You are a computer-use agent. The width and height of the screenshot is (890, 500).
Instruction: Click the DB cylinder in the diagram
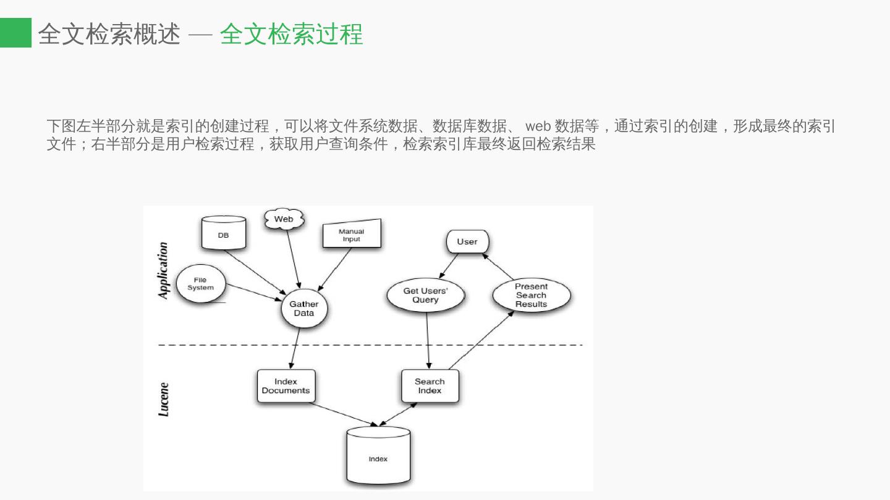[x=224, y=233]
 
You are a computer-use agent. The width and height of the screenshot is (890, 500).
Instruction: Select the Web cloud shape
[x=284, y=219]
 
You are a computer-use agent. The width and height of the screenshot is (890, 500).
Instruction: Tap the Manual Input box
[x=352, y=235]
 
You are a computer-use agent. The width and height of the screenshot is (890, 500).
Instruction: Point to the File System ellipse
[x=200, y=284]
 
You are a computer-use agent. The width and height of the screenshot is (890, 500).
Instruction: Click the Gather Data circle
[x=304, y=308]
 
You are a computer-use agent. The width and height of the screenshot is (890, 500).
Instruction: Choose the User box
[x=467, y=241]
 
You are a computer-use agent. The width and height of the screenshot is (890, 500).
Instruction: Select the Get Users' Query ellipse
[x=425, y=295]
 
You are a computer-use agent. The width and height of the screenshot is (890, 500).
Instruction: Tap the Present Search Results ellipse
[x=532, y=295]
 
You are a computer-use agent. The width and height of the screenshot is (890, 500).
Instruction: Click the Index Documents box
[x=286, y=386]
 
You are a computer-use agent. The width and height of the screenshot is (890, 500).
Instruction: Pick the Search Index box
[x=430, y=386]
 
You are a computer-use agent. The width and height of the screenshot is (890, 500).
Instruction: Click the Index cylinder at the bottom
[x=378, y=457]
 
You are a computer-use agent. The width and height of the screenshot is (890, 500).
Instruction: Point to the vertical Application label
[x=163, y=270]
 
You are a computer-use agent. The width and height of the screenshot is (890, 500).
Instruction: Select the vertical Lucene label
[x=163, y=399]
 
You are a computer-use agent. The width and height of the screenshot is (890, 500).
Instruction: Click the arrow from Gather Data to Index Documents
[x=295, y=349]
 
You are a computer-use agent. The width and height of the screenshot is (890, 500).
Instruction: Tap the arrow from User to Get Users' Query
[x=449, y=266]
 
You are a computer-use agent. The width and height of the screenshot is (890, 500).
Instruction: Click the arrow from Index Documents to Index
[x=344, y=414]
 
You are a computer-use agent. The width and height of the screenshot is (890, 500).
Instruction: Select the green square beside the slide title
[x=15, y=33]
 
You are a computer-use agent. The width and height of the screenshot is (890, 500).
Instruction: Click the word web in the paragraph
[x=538, y=127]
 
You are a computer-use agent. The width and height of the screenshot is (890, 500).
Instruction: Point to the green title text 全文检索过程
[x=291, y=34]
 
